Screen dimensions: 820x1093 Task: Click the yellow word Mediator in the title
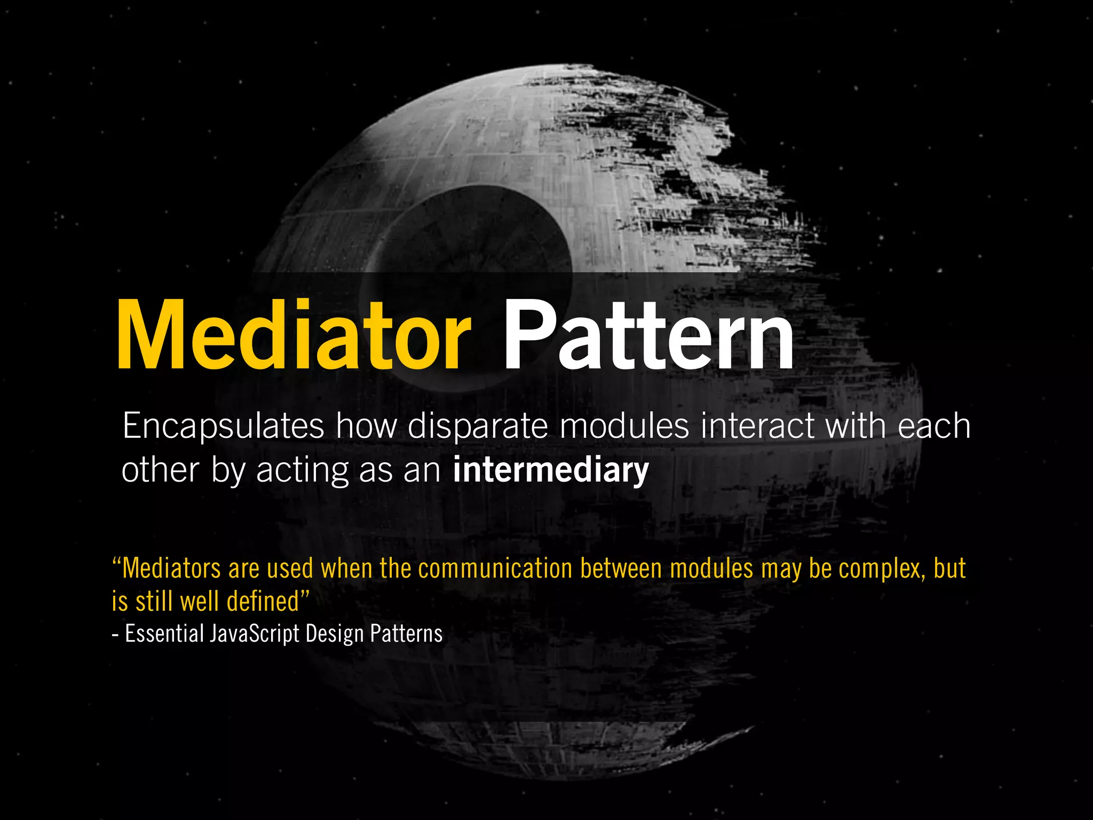[x=292, y=335]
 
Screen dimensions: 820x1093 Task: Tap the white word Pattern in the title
[x=648, y=335]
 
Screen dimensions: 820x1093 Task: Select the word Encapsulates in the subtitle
[x=223, y=427]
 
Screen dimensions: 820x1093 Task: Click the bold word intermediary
[x=551, y=470]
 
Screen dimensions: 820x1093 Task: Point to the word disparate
[x=478, y=427]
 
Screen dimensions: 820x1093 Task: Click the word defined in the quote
[x=263, y=601]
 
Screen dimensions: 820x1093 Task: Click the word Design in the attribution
[x=335, y=634]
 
